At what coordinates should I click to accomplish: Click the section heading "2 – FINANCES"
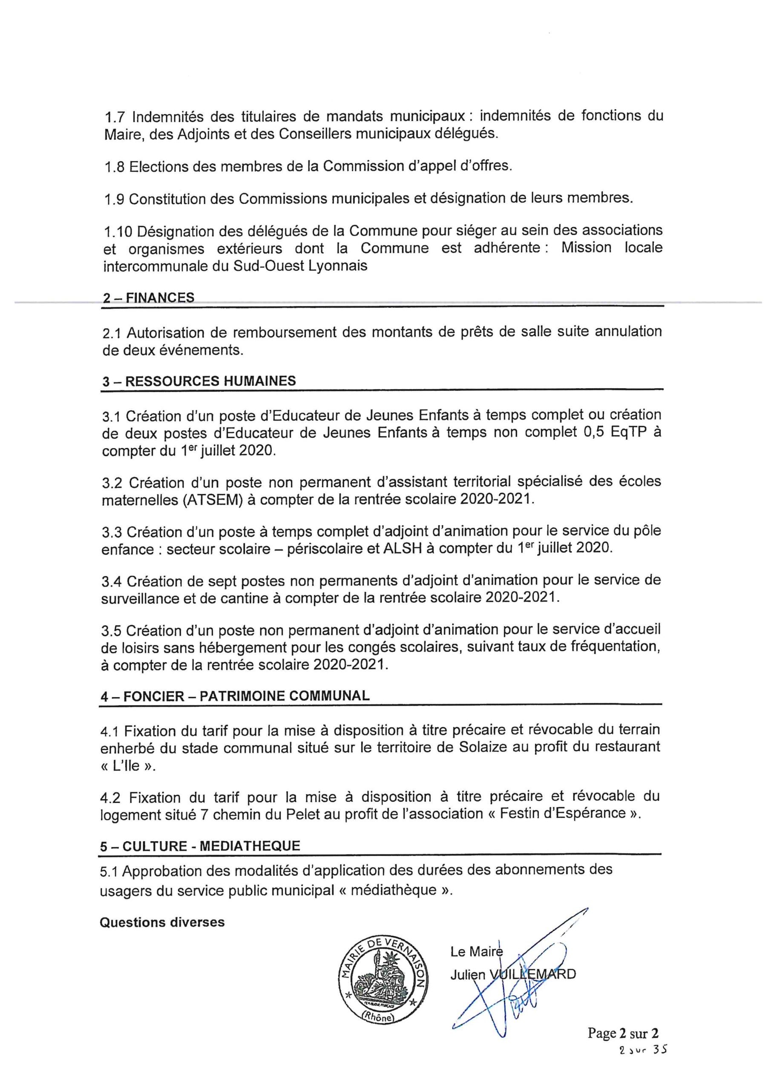coord(148,297)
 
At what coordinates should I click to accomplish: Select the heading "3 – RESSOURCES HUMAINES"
coord(199,381)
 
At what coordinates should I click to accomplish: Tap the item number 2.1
coord(112,332)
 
